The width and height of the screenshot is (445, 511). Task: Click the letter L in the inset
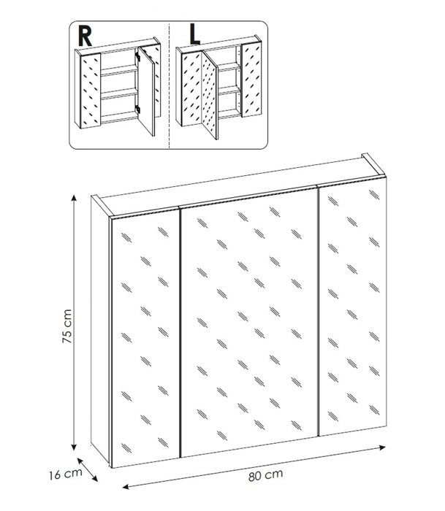pyautogui.click(x=195, y=35)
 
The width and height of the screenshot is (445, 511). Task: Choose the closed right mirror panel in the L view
pyautogui.click(x=252, y=80)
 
